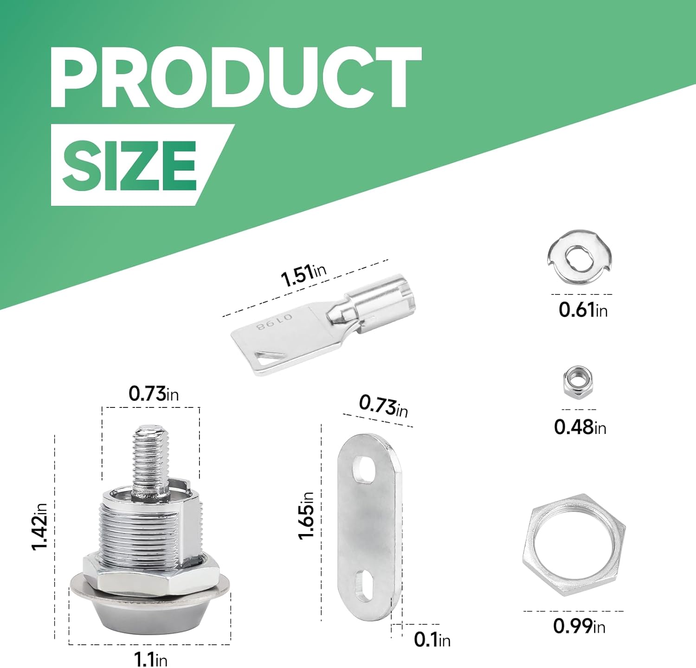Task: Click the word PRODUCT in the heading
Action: pos(236,77)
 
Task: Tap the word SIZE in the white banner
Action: pos(129,165)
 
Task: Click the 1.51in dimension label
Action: pos(303,274)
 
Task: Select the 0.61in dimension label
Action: pos(583,310)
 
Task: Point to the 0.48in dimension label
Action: pos(580,426)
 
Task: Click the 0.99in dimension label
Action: pos(579,626)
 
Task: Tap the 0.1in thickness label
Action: pos(432,640)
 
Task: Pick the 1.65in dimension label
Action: pos(306,516)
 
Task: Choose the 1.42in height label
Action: pos(39,527)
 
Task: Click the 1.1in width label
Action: pos(150,659)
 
